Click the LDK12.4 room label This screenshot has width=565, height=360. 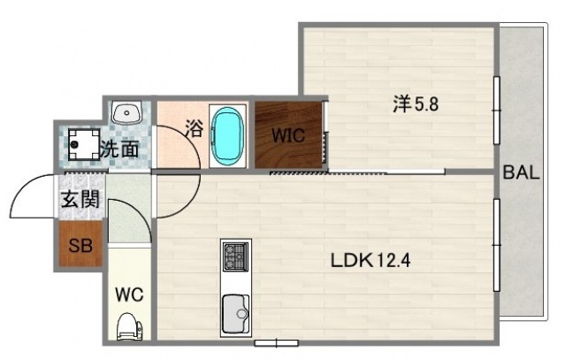pyautogui.click(x=370, y=261)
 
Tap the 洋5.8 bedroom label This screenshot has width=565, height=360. pyautogui.click(x=416, y=103)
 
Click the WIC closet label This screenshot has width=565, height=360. pyautogui.click(x=287, y=137)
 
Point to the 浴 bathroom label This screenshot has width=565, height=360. pyautogui.click(x=195, y=128)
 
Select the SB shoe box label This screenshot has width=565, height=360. pyautogui.click(x=80, y=245)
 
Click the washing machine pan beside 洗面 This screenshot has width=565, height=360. pyautogui.click(x=82, y=143)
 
